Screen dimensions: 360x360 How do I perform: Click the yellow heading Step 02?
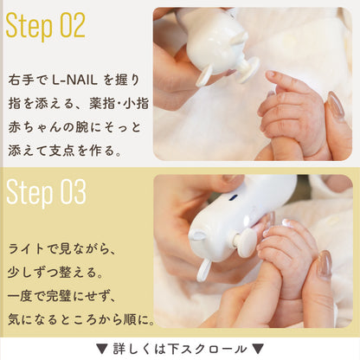pos(45,25)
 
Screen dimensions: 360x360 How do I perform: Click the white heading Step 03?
pos(46,192)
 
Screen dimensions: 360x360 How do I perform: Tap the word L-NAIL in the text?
pos(74,80)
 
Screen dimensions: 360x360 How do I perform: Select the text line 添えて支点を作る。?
pos(65,151)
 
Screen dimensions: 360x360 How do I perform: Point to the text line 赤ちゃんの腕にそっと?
pos(74,127)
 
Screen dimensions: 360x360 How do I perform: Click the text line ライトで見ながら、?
pos(62,249)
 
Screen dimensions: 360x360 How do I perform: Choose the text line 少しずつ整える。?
pos(55,273)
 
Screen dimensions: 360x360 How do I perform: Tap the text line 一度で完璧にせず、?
pos(62,296)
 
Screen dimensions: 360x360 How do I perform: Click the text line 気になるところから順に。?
pos(81,319)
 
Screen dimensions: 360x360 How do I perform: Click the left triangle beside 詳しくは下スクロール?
pos(101,349)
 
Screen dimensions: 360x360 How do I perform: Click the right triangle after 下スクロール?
pos(258,349)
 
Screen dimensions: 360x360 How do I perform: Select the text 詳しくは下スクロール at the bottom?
pos(180,349)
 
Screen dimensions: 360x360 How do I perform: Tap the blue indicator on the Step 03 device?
pos(233,197)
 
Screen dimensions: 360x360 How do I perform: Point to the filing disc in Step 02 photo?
pos(249,70)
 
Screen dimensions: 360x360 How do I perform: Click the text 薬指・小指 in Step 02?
pos(119,104)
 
